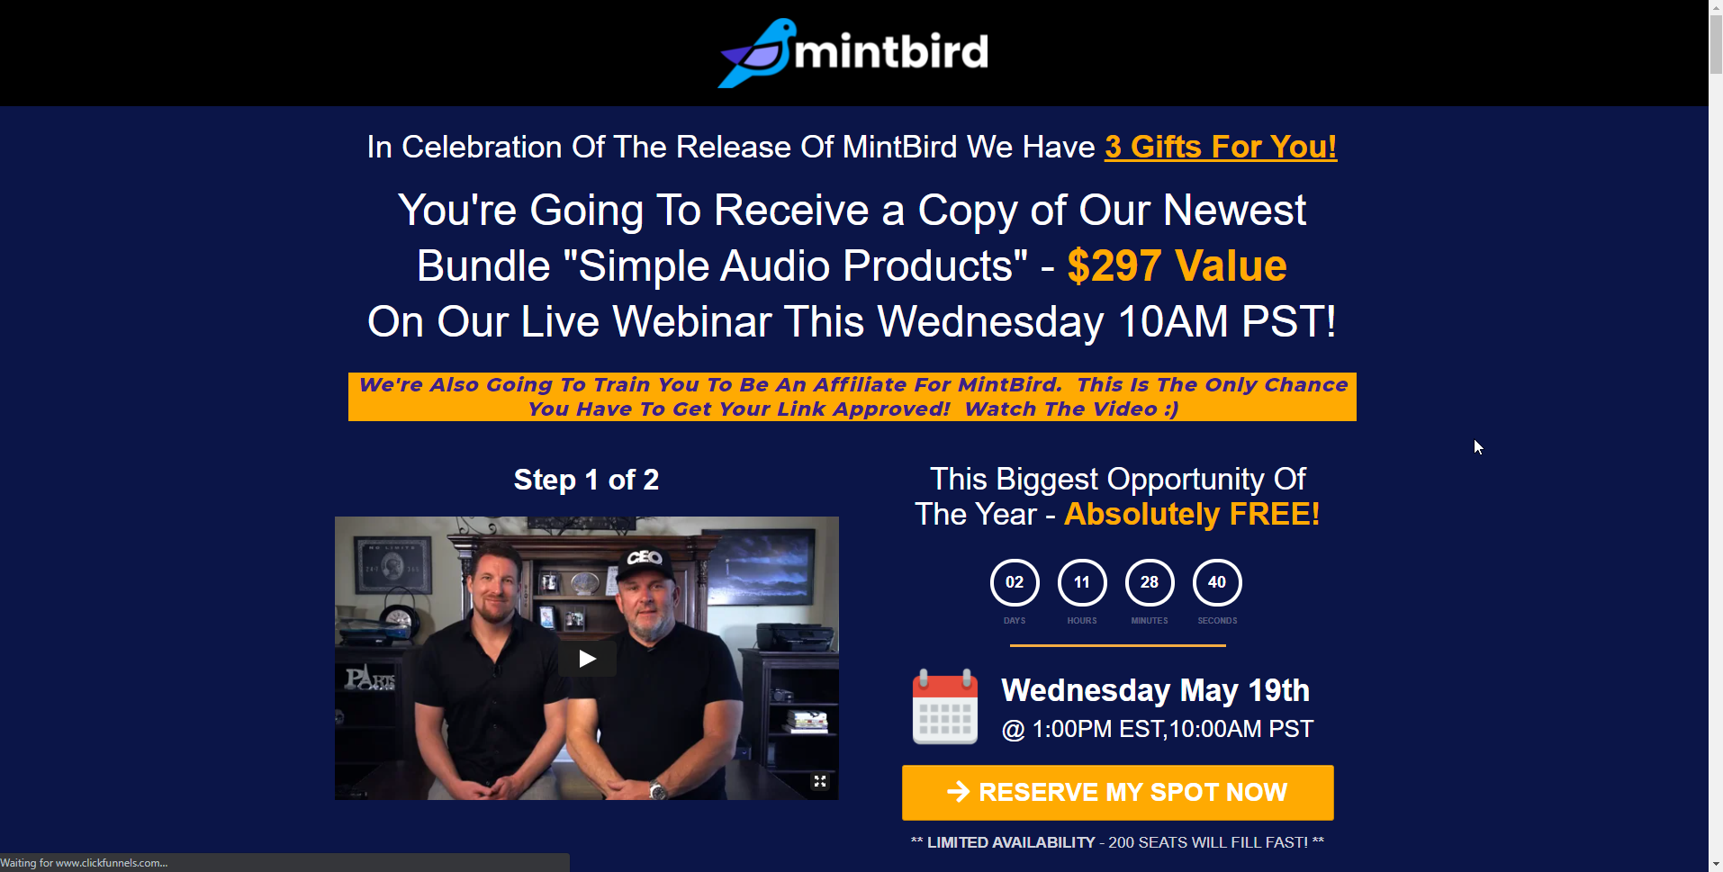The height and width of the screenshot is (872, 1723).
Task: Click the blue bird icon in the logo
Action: tap(756, 53)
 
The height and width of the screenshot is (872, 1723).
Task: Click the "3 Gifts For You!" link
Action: tap(1221, 147)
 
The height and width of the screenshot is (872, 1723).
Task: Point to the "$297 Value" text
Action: tap(1177, 266)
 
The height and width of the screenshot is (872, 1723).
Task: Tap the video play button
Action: tap(587, 659)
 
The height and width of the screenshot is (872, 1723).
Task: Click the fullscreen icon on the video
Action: tap(820, 781)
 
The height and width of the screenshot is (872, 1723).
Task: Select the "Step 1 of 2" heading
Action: tap(586, 480)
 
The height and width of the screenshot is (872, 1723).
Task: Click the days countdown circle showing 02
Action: tap(1015, 582)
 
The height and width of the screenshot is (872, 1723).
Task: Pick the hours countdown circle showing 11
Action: tap(1082, 582)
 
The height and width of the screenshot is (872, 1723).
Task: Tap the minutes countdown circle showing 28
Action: tap(1150, 582)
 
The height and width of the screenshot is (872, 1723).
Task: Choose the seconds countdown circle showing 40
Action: tap(1217, 582)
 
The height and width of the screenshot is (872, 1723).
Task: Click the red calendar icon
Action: tap(945, 706)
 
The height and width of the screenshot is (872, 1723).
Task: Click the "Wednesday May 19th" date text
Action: tap(1155, 690)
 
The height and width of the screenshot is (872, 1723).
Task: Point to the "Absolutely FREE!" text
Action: tap(1192, 514)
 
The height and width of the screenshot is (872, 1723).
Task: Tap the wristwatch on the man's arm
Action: tap(658, 791)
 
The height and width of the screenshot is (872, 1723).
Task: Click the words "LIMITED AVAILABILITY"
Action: tap(1011, 842)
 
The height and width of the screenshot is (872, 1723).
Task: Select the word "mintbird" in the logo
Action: tap(891, 51)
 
